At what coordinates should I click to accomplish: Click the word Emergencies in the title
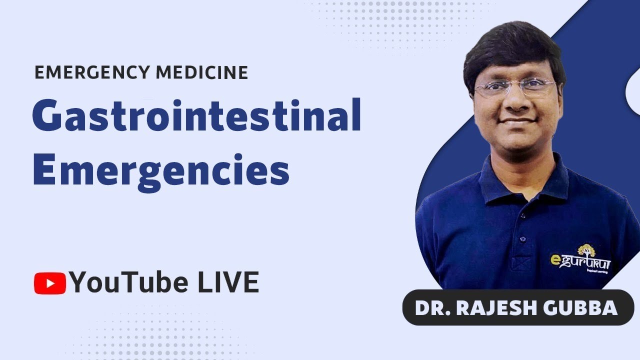[161, 170]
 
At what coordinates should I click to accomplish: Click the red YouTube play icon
[49, 283]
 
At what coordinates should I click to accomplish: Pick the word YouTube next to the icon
[129, 283]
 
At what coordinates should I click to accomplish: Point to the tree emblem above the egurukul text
[586, 250]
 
